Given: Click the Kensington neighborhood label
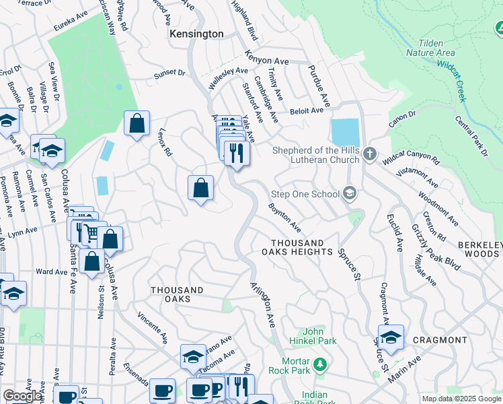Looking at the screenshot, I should tap(196, 34).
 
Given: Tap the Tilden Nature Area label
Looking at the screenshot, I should tap(432, 46).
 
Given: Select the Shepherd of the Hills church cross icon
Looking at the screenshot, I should tap(369, 155).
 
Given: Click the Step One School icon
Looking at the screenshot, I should tap(349, 194).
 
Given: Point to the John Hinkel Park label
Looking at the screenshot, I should tap(315, 336).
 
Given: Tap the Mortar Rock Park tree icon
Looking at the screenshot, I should tap(321, 364).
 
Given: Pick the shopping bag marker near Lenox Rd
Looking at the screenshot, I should tap(137, 124).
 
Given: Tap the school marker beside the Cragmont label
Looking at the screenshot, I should tap(390, 337).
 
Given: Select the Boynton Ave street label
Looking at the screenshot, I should tap(284, 214).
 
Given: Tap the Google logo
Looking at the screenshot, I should tap(22, 396).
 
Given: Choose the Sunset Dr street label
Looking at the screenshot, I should tap(169, 72).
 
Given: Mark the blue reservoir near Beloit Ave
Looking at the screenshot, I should tap(345, 132).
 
